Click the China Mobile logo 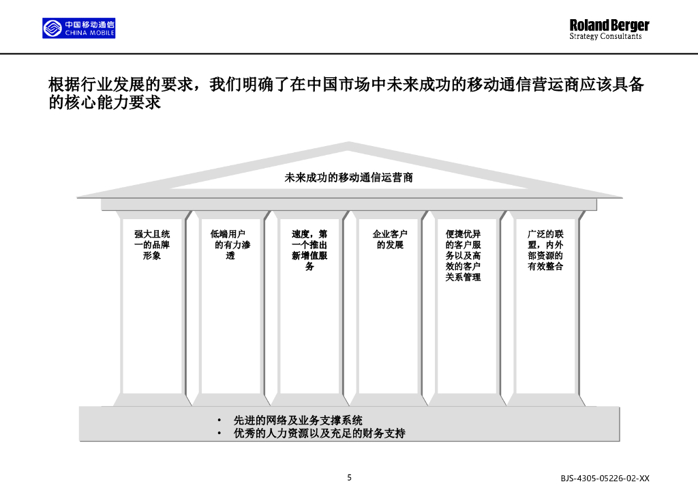click(x=78, y=28)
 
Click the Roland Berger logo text click(x=609, y=25)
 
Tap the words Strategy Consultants click(x=605, y=37)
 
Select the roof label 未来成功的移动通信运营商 click(x=348, y=177)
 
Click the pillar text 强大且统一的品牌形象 click(x=151, y=245)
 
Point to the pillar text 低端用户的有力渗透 click(x=230, y=245)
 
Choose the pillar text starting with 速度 click(x=309, y=251)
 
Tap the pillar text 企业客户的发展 click(x=390, y=240)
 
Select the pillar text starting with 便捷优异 click(x=464, y=256)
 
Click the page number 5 click(x=350, y=477)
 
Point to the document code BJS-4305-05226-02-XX click(x=605, y=479)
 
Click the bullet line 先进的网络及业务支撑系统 click(x=298, y=421)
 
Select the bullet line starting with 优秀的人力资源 click(x=319, y=433)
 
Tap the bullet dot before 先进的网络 click(x=219, y=421)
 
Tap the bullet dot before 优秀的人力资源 click(x=219, y=433)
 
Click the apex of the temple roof click(x=349, y=144)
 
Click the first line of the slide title click(x=346, y=85)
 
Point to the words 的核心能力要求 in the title click(x=104, y=103)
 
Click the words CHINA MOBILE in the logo click(x=89, y=33)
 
